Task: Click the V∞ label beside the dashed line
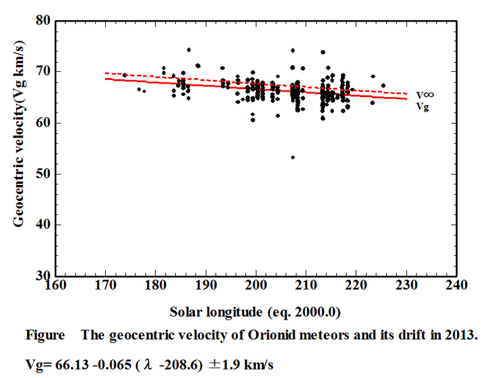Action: tap(423, 95)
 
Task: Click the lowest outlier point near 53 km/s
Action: tap(293, 157)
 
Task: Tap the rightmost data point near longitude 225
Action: tap(383, 85)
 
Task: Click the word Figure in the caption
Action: tap(45, 336)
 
